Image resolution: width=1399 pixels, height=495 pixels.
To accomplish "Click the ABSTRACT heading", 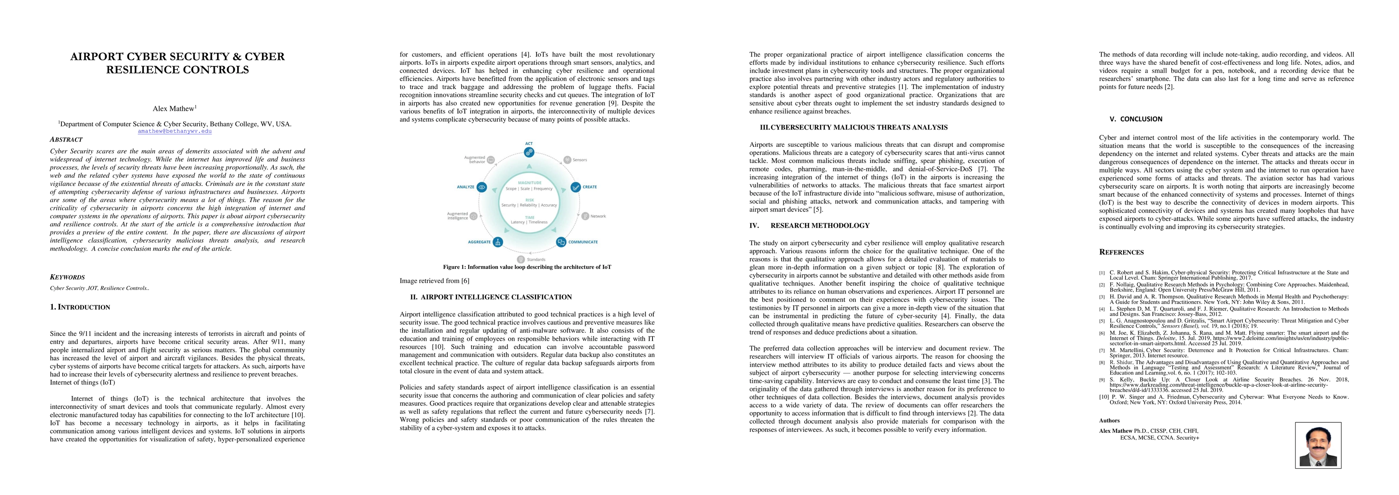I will (x=66, y=140).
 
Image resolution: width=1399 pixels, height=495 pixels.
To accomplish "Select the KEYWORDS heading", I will (x=67, y=277).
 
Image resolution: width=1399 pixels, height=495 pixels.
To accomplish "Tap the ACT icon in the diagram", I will (x=529, y=152).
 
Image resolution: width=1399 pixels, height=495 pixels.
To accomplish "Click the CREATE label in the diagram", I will (x=589, y=187).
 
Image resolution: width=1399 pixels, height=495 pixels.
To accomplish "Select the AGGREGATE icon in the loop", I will (x=497, y=242).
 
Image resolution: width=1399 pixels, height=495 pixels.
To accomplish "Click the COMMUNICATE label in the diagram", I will (x=583, y=242).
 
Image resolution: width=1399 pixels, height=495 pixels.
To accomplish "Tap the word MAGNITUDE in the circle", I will (x=529, y=183).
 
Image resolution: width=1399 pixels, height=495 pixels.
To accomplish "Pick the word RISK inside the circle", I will (x=529, y=200).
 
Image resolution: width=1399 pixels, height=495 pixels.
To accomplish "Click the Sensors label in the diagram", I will (x=579, y=160).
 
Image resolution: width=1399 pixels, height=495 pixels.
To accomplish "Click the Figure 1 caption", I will (x=527, y=267).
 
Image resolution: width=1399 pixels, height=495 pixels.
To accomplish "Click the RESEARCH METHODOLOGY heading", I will (x=820, y=226).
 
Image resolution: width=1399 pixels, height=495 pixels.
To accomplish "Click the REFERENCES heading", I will (x=1121, y=252).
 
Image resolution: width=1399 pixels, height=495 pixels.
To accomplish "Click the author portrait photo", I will (x=1317, y=445).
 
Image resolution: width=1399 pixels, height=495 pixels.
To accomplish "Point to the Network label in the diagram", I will (x=597, y=216).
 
